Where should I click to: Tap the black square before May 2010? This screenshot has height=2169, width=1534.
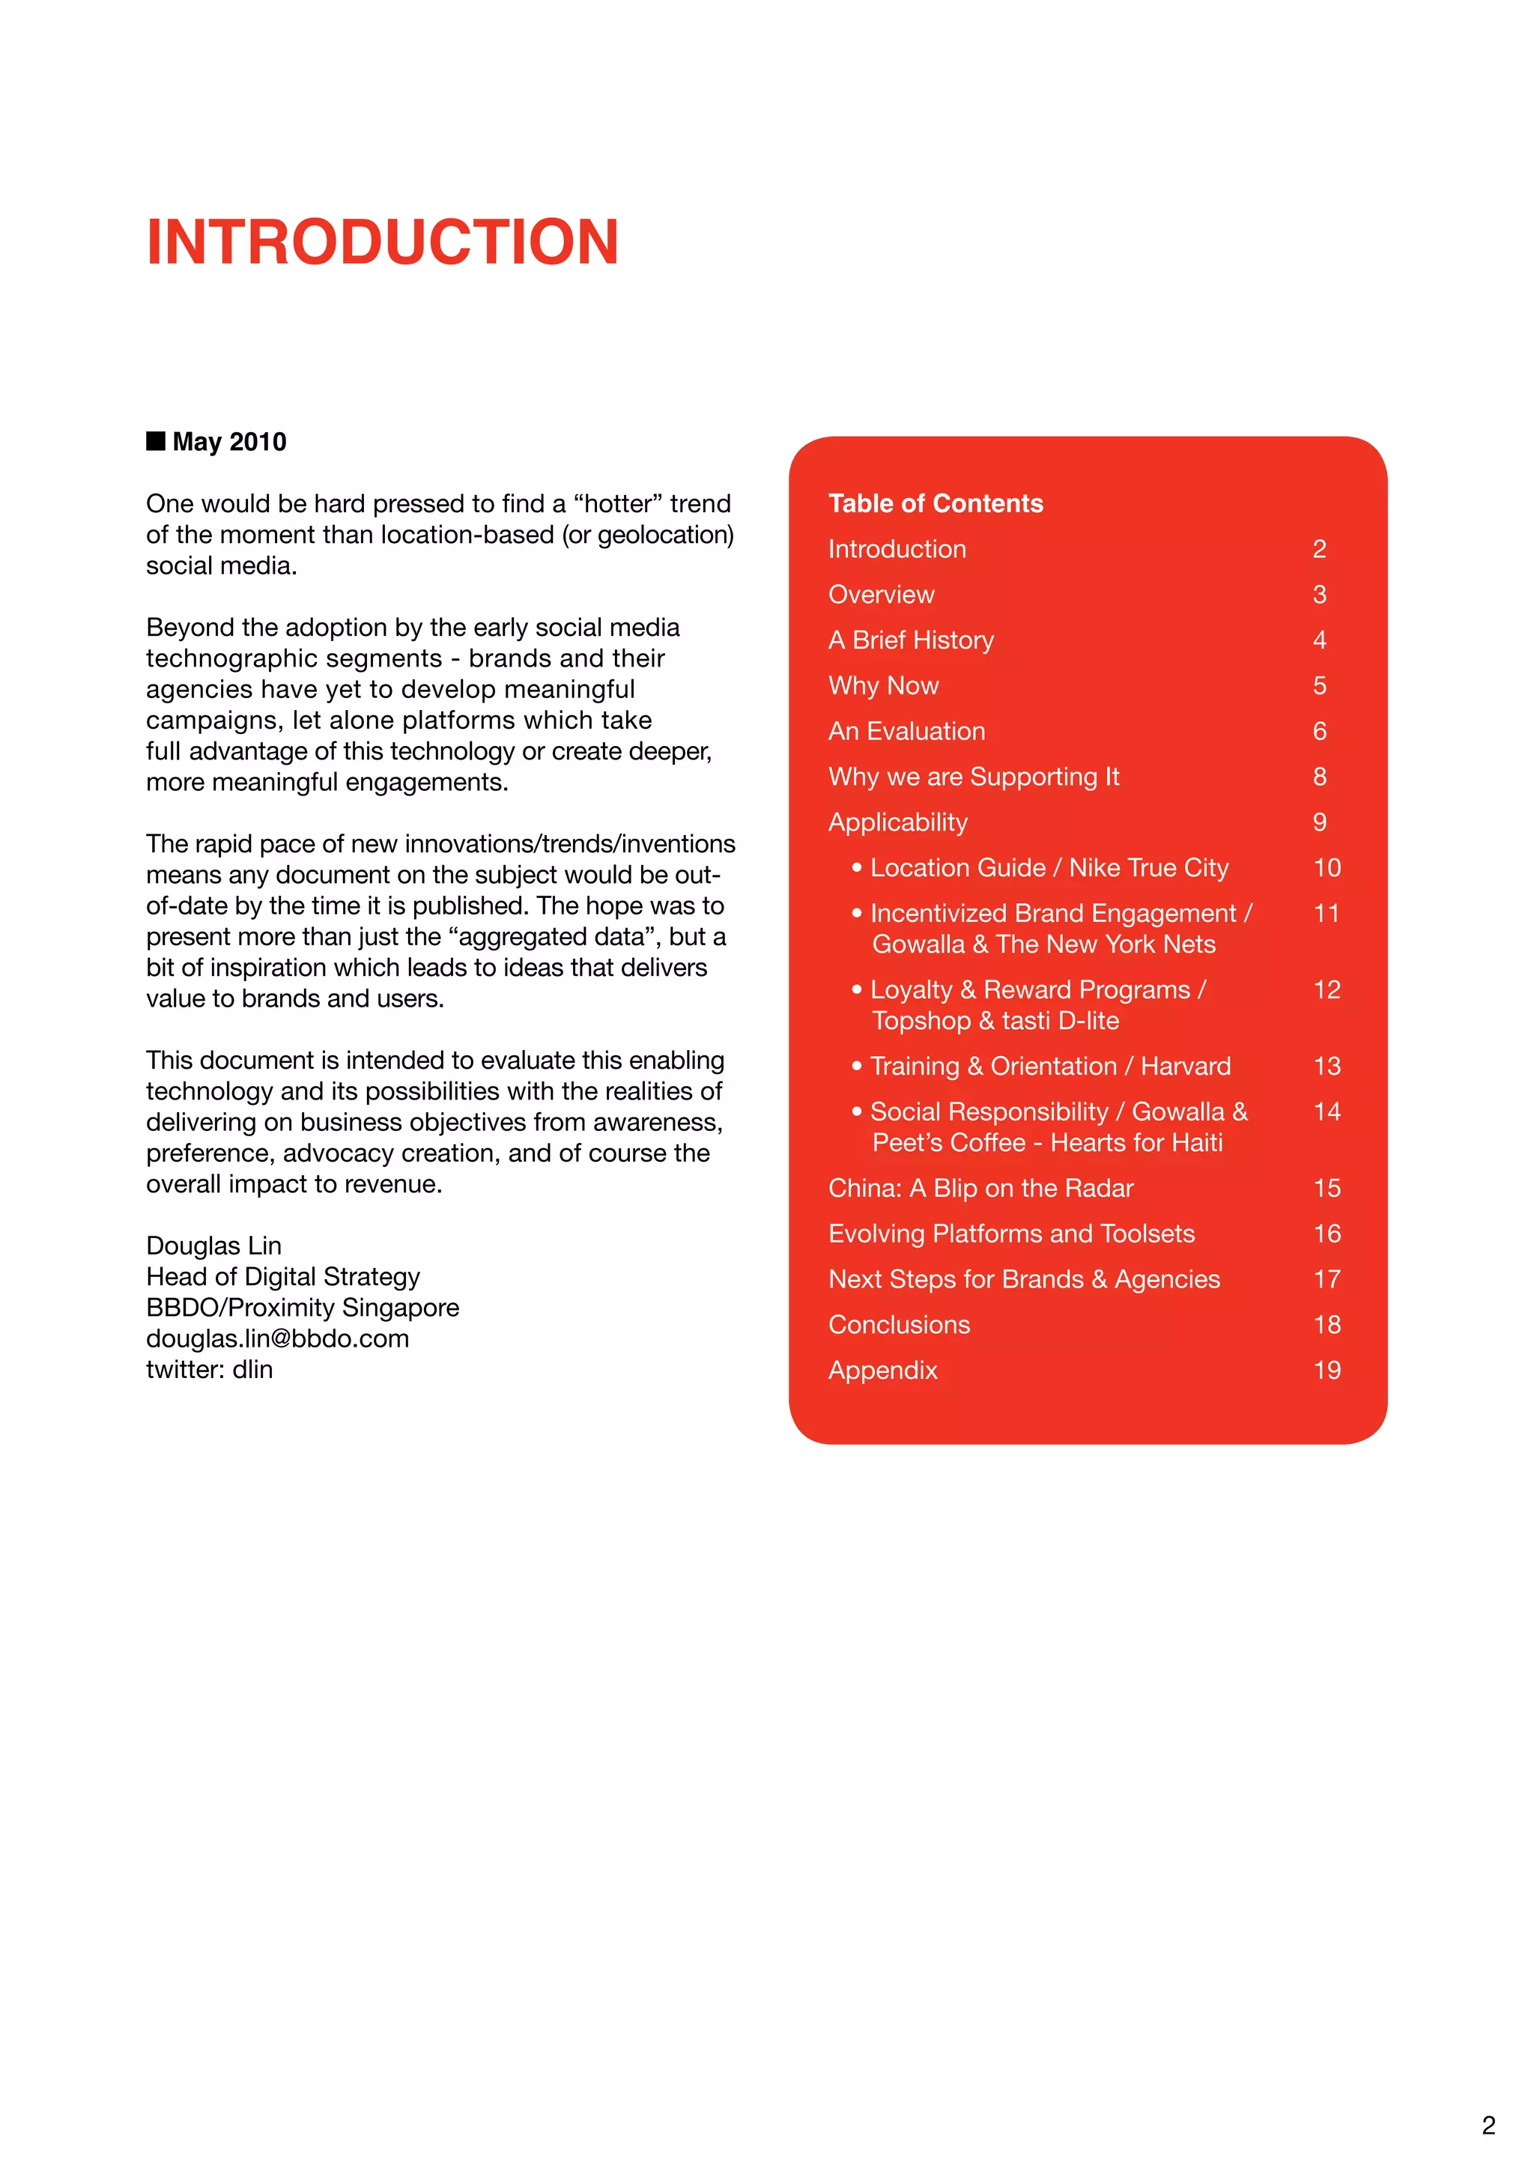point(156,441)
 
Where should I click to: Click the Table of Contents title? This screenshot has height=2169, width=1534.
point(935,503)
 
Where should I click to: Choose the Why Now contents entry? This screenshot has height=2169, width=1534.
point(883,686)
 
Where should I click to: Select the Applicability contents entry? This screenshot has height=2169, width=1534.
point(897,822)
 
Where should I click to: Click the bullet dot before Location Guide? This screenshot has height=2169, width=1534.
point(857,867)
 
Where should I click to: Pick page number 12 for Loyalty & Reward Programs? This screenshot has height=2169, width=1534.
point(1327,989)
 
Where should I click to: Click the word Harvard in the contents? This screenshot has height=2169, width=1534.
point(1186,1066)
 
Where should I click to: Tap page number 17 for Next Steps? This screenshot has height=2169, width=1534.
point(1327,1279)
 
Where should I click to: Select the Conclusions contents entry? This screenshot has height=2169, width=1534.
point(898,1324)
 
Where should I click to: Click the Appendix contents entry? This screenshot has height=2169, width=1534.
point(882,1370)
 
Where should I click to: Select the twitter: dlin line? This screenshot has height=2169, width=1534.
point(209,1369)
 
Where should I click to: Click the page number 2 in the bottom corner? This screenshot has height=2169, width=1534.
point(1488,2126)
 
